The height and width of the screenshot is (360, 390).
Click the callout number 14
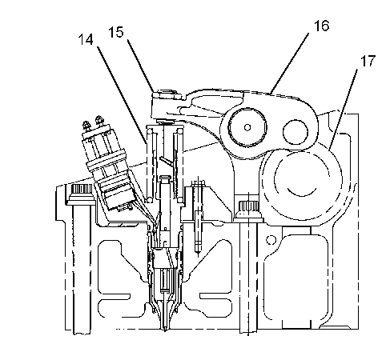tap(86, 40)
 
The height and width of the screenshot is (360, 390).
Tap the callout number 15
tap(116, 32)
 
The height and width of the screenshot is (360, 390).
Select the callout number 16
tap(321, 26)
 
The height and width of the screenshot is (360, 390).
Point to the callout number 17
tap(368, 61)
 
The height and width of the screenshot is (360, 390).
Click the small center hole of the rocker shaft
tap(247, 127)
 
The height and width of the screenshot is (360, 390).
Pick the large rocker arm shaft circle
tap(247, 127)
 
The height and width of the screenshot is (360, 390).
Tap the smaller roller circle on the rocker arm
tap(295, 132)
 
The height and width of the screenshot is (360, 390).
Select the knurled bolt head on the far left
tap(81, 190)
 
